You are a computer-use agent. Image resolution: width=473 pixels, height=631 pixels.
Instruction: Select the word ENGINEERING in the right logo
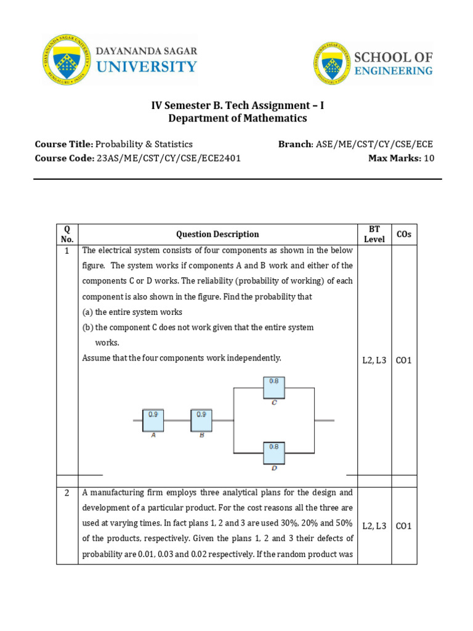tap(393, 71)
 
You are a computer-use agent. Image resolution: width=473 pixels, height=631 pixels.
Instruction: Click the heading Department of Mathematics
tap(237, 118)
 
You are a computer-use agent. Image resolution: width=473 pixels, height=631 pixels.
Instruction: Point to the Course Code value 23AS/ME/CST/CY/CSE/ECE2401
tap(169, 158)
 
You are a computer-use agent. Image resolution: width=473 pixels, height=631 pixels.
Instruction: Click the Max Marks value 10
tap(429, 158)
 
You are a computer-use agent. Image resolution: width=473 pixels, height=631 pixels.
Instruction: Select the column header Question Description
tap(217, 234)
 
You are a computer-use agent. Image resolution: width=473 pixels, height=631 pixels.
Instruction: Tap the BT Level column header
tap(374, 234)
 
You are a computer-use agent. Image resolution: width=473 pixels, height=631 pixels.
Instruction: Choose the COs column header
tap(403, 234)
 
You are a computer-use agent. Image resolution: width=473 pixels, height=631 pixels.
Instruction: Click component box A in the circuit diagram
tap(153, 420)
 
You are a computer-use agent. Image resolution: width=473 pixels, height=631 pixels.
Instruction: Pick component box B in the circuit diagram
tap(201, 420)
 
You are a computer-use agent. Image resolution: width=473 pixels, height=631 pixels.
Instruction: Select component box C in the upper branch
tap(274, 388)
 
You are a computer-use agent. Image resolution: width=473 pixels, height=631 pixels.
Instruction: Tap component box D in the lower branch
tap(274, 453)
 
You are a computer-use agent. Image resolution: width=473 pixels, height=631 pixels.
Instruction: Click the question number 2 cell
tap(67, 492)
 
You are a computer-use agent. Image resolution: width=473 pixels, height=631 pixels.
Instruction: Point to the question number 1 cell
tap(67, 251)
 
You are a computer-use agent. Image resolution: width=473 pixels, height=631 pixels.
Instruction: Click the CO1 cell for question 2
tap(403, 526)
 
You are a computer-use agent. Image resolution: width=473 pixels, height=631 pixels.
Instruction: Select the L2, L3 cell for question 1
tap(374, 360)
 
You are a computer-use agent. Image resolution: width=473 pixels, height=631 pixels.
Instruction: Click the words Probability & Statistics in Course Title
tap(144, 144)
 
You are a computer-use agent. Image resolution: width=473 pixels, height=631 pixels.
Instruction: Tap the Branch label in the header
tap(295, 144)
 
